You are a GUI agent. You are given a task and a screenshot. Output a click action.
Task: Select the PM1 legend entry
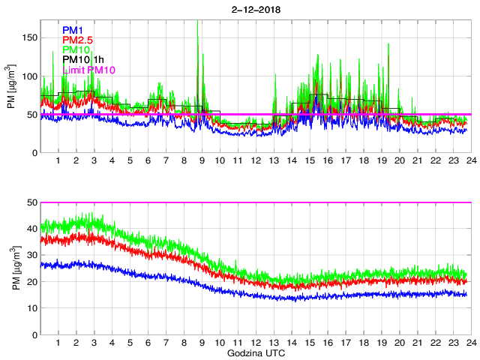73,31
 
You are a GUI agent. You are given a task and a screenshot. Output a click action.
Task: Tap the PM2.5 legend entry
77,40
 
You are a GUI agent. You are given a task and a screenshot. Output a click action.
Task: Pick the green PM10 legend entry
76,50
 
